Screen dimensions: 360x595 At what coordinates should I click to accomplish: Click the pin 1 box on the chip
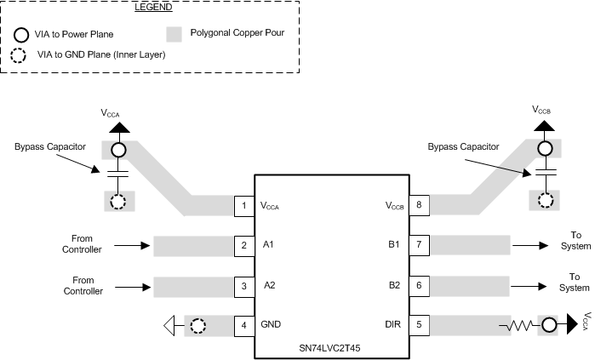click(x=244, y=206)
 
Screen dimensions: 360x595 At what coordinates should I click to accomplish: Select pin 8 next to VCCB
click(x=419, y=206)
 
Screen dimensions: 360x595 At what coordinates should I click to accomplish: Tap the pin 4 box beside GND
click(x=244, y=325)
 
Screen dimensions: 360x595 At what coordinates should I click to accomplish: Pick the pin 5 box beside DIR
click(x=419, y=325)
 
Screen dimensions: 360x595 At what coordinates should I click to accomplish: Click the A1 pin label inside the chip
click(x=270, y=246)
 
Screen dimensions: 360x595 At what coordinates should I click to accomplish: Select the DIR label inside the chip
click(x=392, y=325)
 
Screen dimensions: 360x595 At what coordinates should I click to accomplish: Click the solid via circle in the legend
click(x=20, y=36)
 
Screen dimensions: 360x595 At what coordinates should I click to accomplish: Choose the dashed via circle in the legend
click(x=20, y=54)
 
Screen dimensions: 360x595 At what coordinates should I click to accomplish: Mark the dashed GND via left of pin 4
click(x=198, y=325)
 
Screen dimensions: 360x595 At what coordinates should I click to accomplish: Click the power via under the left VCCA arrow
click(x=117, y=150)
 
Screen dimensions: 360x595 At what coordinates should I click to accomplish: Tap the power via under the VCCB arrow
click(x=543, y=150)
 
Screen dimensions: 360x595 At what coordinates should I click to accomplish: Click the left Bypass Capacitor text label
click(x=50, y=146)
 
